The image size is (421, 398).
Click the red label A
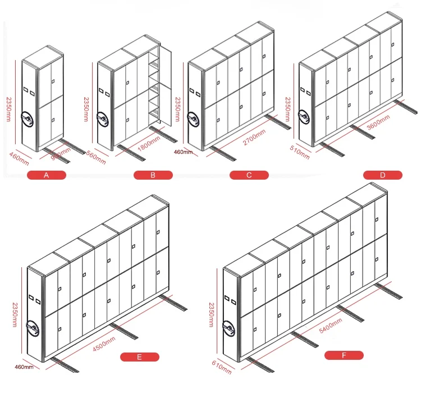pos(47,175)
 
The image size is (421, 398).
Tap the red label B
pos(152,175)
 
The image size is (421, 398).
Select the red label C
pos(249,175)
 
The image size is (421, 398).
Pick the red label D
pos(383,175)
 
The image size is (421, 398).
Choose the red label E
pos(140,356)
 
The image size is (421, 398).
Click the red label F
pos(344,355)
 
